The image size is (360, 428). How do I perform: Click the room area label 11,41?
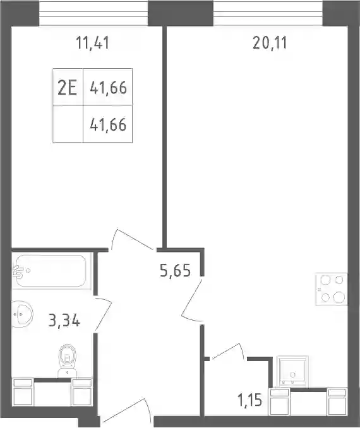tap(93, 43)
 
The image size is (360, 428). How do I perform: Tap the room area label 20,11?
tap(270, 43)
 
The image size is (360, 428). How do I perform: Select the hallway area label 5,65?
tap(175, 271)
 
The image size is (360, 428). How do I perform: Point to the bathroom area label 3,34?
tap(64, 320)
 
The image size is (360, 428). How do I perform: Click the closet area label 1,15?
tap(249, 400)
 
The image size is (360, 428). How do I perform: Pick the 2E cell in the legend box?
tap(67, 88)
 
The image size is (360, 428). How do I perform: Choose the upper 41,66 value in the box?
tap(109, 88)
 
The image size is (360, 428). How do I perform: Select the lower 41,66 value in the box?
tap(109, 125)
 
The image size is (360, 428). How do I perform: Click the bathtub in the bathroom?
tap(50, 271)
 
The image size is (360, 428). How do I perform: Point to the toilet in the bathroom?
tap(67, 360)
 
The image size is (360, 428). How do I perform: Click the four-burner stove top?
tap(332, 288)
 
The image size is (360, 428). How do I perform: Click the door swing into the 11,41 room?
tap(132, 240)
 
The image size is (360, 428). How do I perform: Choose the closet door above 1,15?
tap(229, 352)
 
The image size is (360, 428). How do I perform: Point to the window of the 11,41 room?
tap(93, 13)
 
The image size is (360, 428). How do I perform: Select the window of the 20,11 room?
tap(268, 13)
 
